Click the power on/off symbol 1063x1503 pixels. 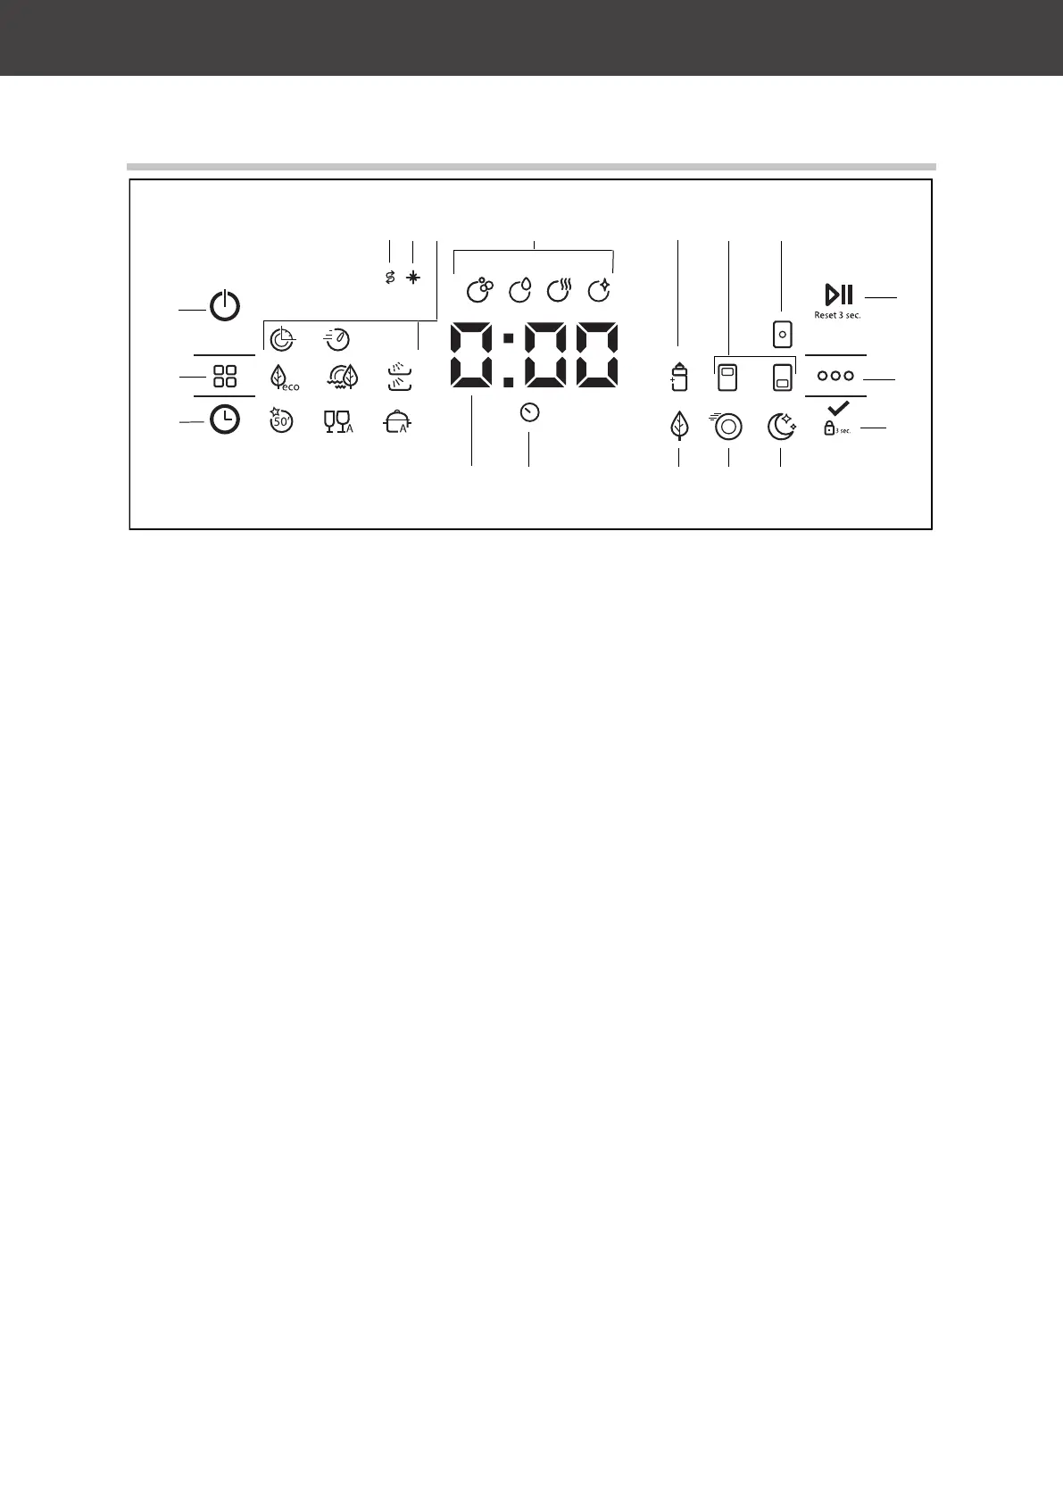tap(225, 307)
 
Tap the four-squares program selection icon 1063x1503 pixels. tap(225, 376)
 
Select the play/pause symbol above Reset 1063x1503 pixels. tap(839, 294)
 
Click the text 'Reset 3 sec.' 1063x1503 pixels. tap(837, 315)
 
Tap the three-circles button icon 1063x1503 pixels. tap(835, 376)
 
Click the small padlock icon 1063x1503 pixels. tap(829, 428)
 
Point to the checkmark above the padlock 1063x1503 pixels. tap(837, 409)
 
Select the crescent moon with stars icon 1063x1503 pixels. tap(781, 427)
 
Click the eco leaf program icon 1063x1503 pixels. tap(280, 377)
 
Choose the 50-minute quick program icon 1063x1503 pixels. tap(281, 419)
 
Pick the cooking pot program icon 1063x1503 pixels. tap(398, 421)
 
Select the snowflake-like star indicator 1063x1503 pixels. tap(412, 278)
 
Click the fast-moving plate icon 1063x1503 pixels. tap(727, 427)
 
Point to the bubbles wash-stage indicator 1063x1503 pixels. tap(479, 290)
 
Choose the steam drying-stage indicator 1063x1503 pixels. tap(559, 290)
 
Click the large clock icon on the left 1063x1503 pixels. tap(225, 419)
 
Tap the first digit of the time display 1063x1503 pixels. tap(471, 355)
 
